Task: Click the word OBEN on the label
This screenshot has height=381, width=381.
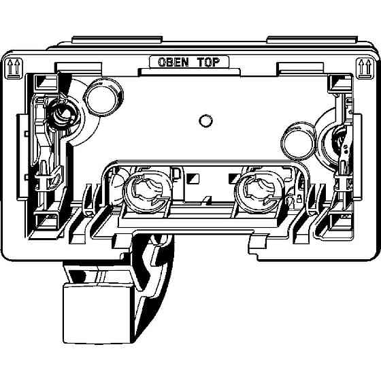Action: point(173,62)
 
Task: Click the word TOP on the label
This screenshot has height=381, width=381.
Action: point(208,62)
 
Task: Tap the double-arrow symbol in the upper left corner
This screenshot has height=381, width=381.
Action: point(14,68)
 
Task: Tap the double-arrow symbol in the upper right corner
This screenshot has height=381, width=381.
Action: point(365,68)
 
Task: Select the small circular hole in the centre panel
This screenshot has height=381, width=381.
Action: point(205,121)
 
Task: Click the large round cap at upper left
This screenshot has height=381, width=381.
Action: point(103,97)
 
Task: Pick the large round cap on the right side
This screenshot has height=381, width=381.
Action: point(298,140)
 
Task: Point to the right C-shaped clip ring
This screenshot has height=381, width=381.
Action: point(259,192)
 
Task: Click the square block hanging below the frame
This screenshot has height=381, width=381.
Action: point(99,314)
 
